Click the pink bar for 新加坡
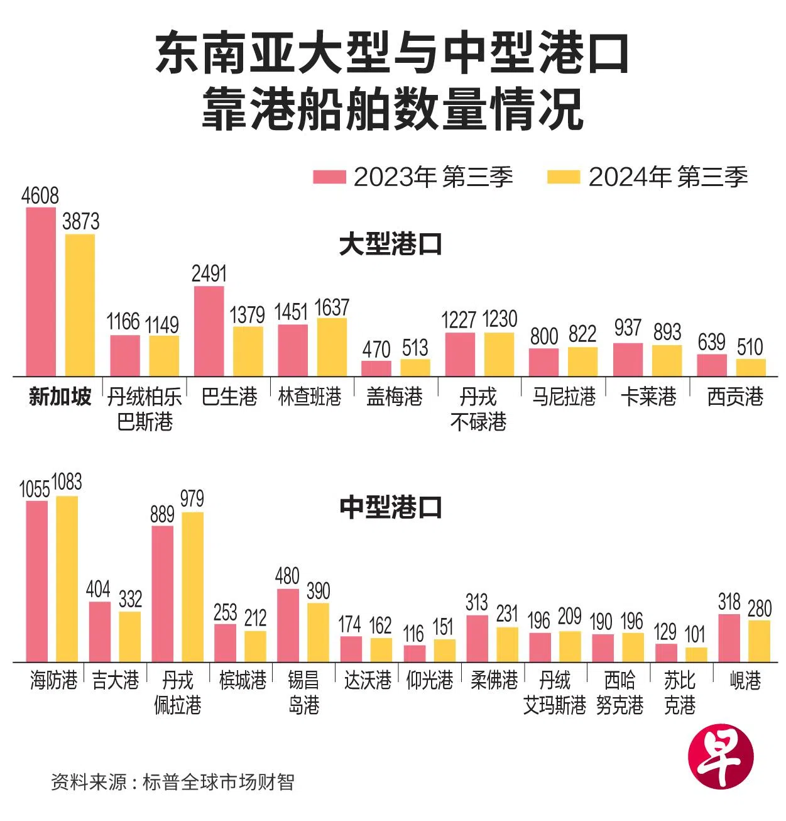click(x=41, y=292)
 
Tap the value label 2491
click(x=209, y=273)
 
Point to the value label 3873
click(x=80, y=221)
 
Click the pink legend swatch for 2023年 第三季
click(x=329, y=177)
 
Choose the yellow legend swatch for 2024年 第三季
click(x=563, y=177)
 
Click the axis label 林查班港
click(x=310, y=397)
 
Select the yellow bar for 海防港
click(x=67, y=578)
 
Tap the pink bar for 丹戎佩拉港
click(x=162, y=593)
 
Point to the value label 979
click(x=192, y=499)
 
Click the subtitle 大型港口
click(x=390, y=245)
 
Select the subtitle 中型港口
click(x=390, y=507)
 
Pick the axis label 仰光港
click(x=430, y=680)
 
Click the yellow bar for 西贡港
click(x=750, y=367)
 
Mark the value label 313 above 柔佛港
click(x=477, y=602)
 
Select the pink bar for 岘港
click(x=729, y=637)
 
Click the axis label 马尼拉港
click(x=564, y=397)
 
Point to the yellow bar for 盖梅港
click(x=415, y=368)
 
